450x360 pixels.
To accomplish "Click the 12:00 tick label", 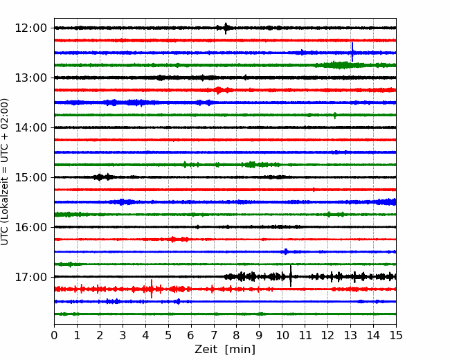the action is (30, 28).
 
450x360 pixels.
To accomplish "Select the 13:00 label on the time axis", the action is (30, 78).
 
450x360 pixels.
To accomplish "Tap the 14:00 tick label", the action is (30, 127).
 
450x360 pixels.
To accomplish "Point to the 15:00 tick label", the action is (30, 177).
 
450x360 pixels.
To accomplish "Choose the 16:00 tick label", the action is (30, 227).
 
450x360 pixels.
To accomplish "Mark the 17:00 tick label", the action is (30, 277).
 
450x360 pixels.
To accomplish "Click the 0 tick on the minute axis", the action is (54, 335).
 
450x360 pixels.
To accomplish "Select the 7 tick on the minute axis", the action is (214, 335).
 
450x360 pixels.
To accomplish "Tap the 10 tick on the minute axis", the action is (282, 335).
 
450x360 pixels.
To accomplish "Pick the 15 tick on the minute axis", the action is (396, 335).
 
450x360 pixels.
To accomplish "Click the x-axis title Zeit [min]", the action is (225, 350).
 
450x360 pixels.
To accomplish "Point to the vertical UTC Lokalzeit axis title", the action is (5, 172).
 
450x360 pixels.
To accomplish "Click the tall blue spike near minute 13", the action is (352, 52).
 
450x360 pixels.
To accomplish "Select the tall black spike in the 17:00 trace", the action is (291, 276).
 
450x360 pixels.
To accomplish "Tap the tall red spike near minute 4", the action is (152, 289).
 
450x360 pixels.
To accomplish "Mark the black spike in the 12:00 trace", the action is (226, 28).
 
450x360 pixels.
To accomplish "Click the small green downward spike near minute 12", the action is (335, 116).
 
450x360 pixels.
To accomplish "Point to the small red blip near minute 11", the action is (314, 190).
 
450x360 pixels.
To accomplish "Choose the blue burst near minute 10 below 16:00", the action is (285, 252).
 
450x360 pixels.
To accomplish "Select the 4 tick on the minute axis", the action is (145, 335).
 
